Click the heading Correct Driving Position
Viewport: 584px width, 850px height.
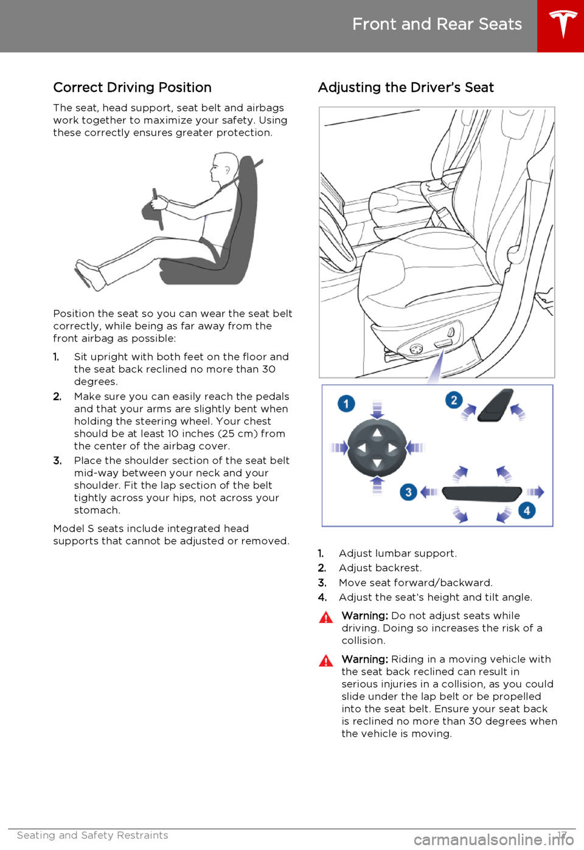pos(133,88)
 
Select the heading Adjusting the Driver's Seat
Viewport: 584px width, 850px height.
pos(406,88)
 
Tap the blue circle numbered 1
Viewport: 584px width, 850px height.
pos(346,403)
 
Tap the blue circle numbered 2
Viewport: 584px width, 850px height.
pos(454,400)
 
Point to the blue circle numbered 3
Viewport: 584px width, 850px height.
pos(408,491)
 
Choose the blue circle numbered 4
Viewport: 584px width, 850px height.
pos(527,510)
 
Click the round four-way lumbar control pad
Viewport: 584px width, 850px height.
pos(377,448)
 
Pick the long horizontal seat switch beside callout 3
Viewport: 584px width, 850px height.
pos(482,493)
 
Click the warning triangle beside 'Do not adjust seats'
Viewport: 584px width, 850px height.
pos(326,617)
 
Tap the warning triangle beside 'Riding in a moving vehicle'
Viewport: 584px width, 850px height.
pos(326,661)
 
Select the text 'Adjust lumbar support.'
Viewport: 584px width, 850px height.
pos(397,553)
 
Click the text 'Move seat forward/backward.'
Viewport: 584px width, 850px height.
pos(415,583)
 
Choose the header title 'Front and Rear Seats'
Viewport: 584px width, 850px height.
pos(437,24)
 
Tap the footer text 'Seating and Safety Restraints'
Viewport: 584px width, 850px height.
pos(92,835)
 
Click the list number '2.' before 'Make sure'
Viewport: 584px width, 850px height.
pos(57,396)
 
